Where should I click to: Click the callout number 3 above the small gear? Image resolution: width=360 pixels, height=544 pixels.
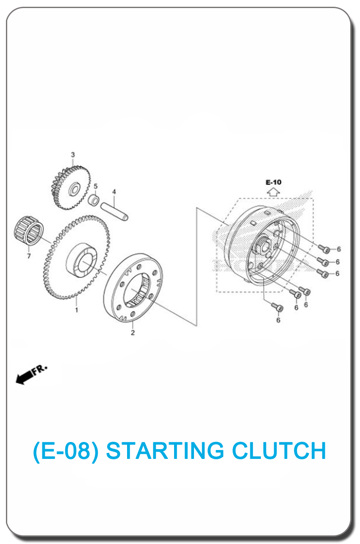pos(73,155)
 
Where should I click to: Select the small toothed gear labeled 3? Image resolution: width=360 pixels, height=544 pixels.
pos(71,188)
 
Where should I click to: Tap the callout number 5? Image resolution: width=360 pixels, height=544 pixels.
pos(95,186)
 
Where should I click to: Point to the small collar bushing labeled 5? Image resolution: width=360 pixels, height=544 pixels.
pos(94,200)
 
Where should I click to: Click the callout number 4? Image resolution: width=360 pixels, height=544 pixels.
pos(114,192)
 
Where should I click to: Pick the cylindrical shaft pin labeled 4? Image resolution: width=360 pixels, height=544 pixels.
pos(114,212)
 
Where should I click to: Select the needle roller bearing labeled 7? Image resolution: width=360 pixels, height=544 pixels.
pos(29,230)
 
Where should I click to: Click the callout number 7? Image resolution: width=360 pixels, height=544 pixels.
pos(29,256)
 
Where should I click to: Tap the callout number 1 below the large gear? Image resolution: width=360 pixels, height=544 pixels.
pos(77,310)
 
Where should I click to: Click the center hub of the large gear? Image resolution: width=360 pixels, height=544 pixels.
pos(82,260)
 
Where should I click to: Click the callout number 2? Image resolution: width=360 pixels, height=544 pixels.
pos(133,332)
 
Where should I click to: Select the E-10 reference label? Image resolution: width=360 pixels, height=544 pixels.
pos(274,182)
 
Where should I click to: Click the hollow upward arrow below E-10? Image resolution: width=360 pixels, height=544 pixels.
pos(274,192)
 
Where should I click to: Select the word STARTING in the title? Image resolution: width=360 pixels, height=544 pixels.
pos(165,450)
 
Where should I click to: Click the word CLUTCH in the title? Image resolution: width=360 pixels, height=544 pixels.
pos(279,450)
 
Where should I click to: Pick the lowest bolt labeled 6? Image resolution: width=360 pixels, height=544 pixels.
pos(277,307)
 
